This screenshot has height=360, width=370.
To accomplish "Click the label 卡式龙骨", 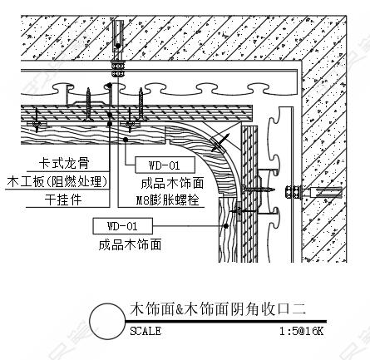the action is (64, 163).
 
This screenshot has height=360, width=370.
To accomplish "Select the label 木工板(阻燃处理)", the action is (57, 182).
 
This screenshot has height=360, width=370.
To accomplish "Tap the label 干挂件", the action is (63, 200).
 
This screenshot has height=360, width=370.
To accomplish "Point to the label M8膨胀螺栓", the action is (167, 200).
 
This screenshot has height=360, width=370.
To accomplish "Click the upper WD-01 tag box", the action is (165, 165).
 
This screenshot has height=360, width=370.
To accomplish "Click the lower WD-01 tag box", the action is (122, 226).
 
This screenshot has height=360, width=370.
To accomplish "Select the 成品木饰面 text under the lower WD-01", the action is (130, 245).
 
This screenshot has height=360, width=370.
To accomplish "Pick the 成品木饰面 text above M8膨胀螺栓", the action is (172, 183).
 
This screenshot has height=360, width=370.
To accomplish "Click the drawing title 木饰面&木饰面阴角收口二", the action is (218, 309).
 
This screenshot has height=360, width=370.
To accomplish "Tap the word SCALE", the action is (146, 331).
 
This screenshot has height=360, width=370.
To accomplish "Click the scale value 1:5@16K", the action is (301, 331).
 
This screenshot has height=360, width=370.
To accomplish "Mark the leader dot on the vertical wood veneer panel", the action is (226, 226).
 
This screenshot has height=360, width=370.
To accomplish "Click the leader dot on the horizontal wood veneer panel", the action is (126, 140).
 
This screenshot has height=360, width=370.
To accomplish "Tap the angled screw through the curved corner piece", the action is (220, 143).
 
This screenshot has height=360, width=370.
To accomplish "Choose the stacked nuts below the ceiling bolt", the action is (118, 68).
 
